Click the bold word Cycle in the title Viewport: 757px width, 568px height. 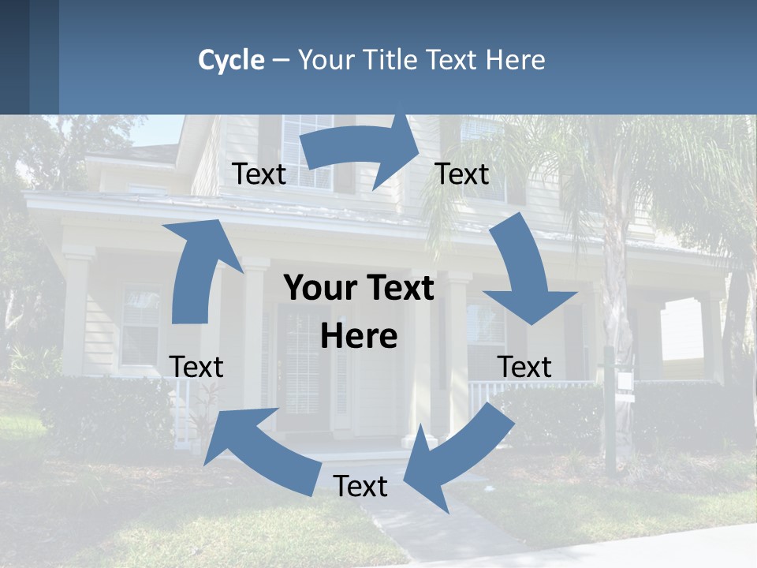pos(231,60)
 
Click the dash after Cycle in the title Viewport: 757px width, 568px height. pos(281,61)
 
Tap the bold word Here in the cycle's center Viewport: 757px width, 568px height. pos(359,337)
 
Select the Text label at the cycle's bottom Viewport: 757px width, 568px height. pos(360,486)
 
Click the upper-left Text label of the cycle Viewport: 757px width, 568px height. pos(259,174)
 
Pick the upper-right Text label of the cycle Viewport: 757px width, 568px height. pos(462,174)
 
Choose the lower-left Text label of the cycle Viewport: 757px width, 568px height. pos(196,367)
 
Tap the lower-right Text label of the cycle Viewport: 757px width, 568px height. pos(524,367)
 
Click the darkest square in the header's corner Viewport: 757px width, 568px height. pos(14,57)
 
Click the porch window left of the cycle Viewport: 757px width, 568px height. pos(140,323)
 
